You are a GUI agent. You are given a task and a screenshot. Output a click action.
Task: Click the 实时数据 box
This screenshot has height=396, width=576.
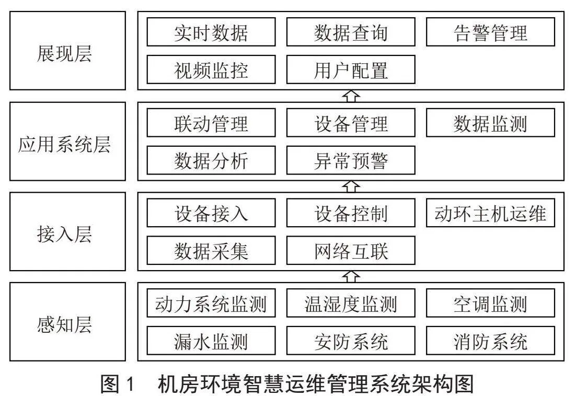pyautogui.click(x=211, y=32)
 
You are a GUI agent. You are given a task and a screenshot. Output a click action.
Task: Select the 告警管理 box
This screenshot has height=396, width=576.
pyautogui.click(x=490, y=32)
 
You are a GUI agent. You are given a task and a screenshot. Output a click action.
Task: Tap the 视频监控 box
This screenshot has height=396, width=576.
pyautogui.click(x=211, y=69)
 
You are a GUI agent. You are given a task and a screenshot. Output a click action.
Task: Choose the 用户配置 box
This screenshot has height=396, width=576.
pyautogui.click(x=351, y=69)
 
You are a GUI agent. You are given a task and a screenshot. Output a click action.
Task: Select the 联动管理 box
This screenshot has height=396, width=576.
pyautogui.click(x=211, y=123)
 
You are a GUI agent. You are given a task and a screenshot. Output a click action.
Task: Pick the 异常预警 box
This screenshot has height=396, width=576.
pyautogui.click(x=351, y=160)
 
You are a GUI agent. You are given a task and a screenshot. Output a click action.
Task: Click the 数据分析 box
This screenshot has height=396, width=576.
pyautogui.click(x=211, y=160)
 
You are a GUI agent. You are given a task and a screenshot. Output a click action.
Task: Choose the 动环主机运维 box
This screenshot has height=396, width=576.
pyautogui.click(x=490, y=213)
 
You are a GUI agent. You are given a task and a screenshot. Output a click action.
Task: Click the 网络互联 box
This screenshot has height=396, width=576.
pyautogui.click(x=351, y=251)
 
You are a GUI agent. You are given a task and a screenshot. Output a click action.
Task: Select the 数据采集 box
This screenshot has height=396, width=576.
pyautogui.click(x=211, y=251)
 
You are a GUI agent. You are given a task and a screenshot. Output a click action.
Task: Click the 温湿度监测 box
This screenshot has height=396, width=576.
pyautogui.click(x=351, y=303)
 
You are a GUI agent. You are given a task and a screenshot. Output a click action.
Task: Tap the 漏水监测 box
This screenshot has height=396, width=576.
pyautogui.click(x=211, y=341)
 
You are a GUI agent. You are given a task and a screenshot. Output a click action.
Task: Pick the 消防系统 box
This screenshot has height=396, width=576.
pyautogui.click(x=490, y=341)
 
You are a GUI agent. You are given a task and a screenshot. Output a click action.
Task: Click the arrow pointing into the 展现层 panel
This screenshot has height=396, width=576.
pyautogui.click(x=351, y=96)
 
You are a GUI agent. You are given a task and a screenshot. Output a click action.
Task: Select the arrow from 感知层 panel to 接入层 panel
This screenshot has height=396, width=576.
pyautogui.click(x=351, y=277)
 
